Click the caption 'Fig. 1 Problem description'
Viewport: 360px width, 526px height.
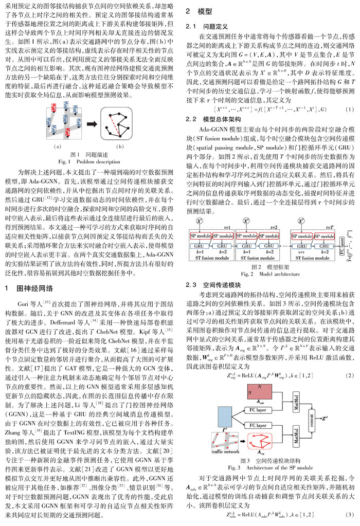pos(88,175)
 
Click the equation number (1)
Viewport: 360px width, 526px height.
pos(349,110)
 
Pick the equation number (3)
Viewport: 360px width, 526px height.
pos(349,515)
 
